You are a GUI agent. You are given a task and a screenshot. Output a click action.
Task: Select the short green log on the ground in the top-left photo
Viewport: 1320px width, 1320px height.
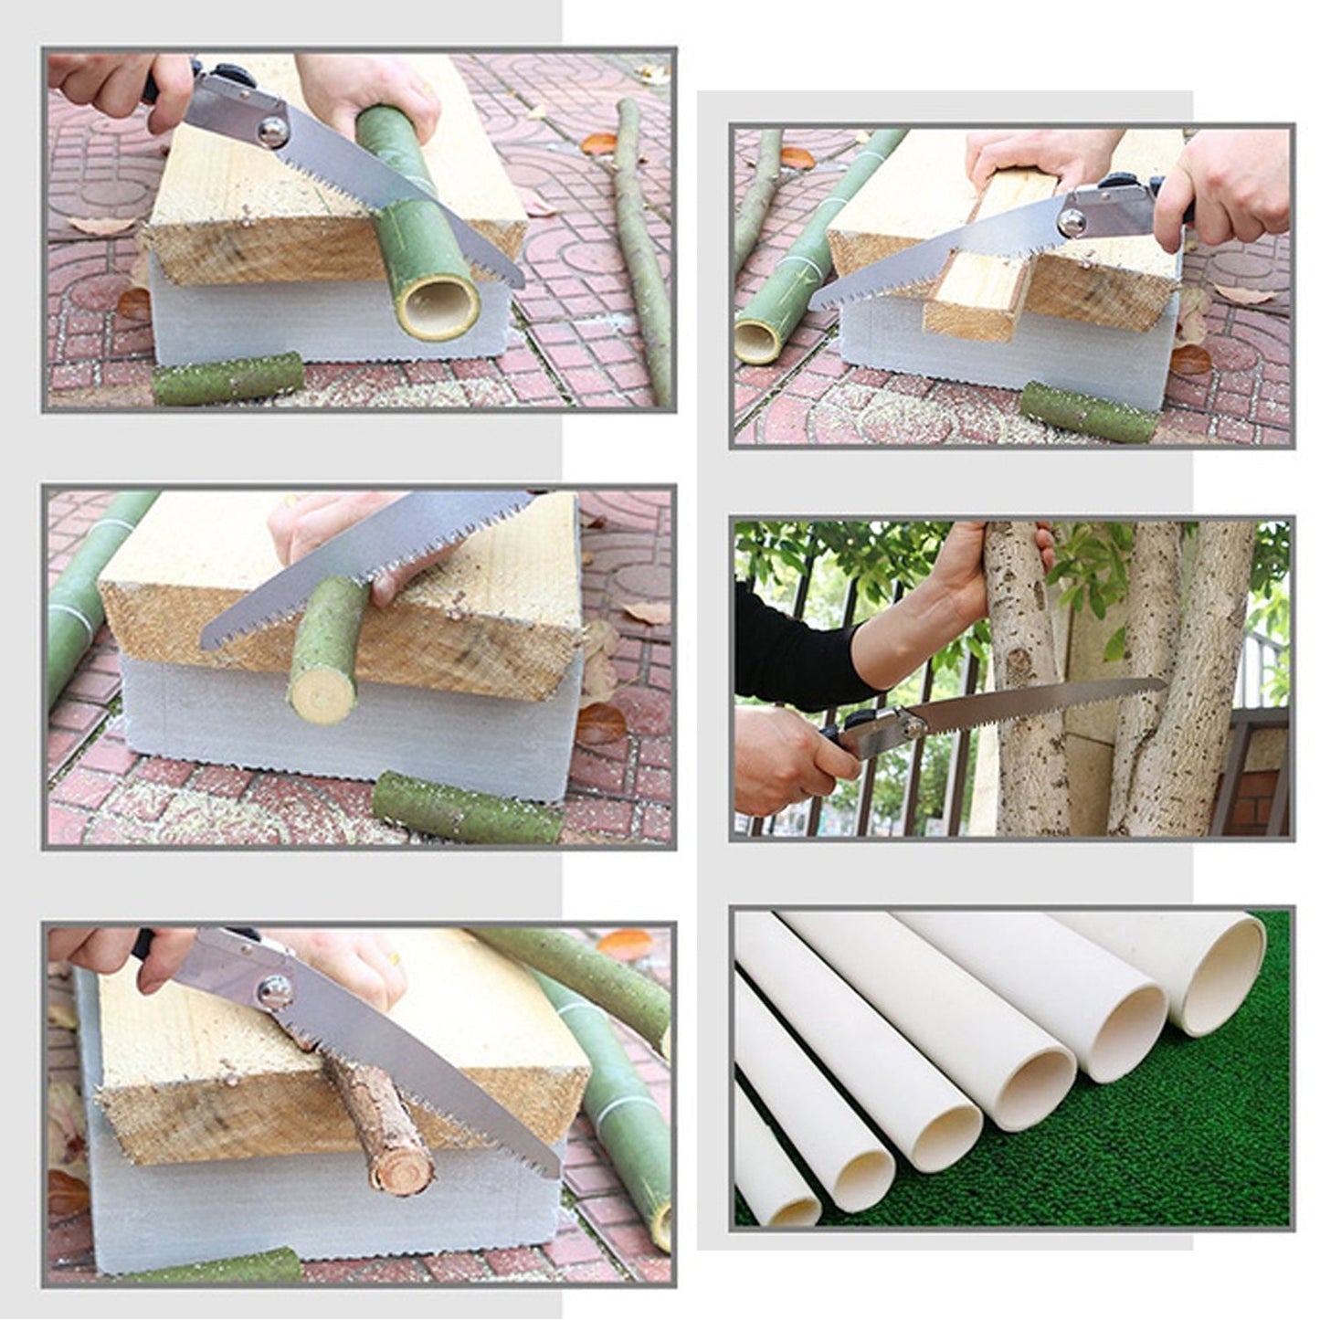227,378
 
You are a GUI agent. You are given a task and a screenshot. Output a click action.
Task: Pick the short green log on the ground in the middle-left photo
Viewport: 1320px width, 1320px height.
466,808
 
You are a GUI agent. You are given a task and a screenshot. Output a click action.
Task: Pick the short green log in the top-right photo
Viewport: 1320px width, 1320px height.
1088,412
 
